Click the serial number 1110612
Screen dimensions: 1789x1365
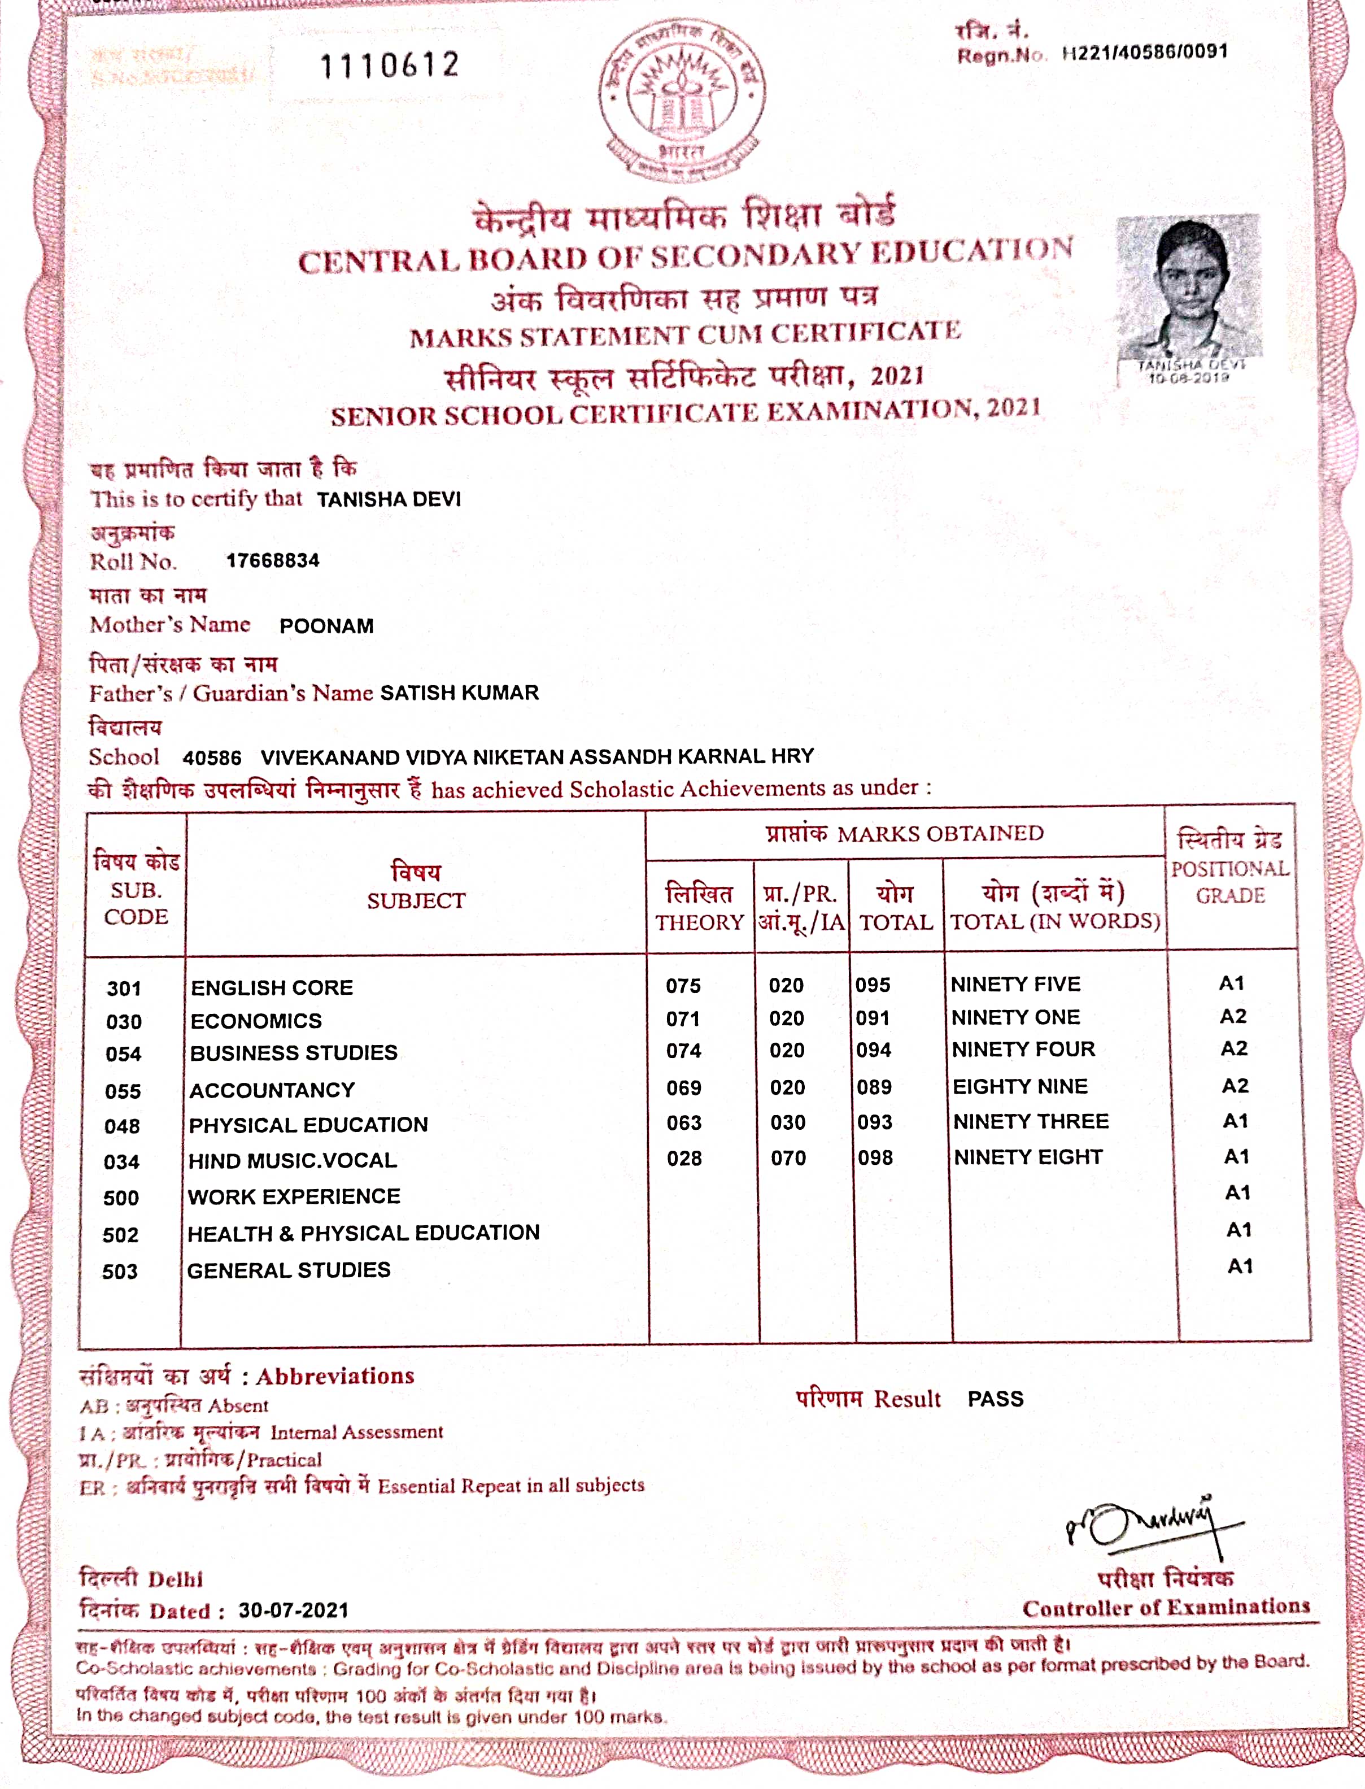[390, 65]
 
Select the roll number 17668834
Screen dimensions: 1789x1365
[273, 560]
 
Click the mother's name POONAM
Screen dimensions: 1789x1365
[326, 626]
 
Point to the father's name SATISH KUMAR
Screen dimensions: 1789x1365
[459, 693]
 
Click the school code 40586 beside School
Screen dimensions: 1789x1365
[212, 758]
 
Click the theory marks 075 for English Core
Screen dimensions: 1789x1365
[683, 986]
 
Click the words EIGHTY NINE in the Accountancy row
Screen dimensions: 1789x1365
[1020, 1087]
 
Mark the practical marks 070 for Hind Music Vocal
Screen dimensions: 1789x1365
[788, 1158]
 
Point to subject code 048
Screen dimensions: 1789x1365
[122, 1126]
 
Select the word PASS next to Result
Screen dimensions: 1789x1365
[995, 1399]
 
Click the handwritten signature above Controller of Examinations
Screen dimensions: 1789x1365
[1154, 1528]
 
